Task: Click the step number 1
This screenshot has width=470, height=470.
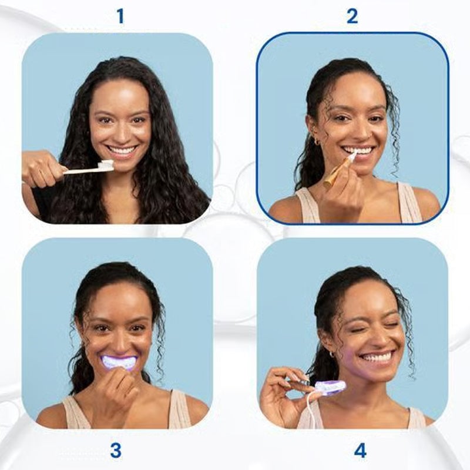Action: (120, 16)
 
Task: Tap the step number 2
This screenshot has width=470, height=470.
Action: (352, 16)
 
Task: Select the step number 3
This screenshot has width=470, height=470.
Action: (116, 451)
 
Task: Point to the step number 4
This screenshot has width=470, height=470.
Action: (360, 451)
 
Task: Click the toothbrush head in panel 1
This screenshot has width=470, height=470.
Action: (107, 166)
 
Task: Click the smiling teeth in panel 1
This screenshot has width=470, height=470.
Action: (122, 150)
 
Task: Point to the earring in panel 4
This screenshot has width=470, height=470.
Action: (332, 354)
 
